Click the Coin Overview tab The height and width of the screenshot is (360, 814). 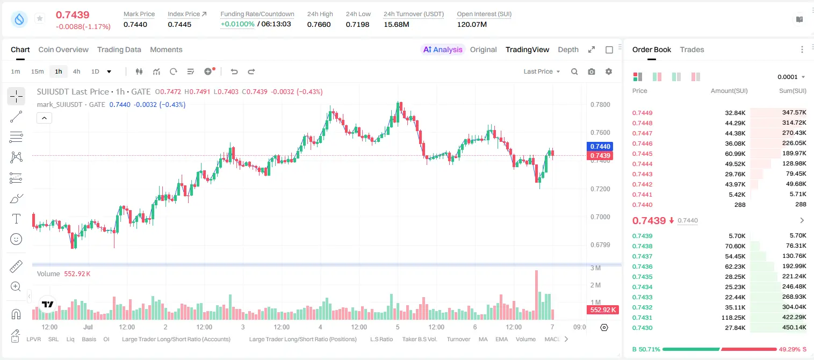[x=63, y=49]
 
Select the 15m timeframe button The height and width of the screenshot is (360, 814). [x=38, y=71]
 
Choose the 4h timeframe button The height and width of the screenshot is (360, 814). [x=76, y=71]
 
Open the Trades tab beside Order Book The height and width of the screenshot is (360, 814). [x=692, y=49]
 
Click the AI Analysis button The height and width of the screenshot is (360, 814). [x=443, y=49]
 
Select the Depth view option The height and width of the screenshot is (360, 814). [x=568, y=49]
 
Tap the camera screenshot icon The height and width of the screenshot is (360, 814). [x=592, y=71]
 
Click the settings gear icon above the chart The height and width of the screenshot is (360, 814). [x=609, y=71]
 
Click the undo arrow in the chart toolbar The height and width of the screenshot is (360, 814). [x=234, y=71]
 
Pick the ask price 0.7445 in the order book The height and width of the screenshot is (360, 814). [x=642, y=154]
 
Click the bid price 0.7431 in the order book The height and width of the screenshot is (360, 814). [x=642, y=318]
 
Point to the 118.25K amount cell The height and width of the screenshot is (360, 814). [x=733, y=318]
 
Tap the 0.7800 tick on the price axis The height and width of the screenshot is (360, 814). [x=600, y=105]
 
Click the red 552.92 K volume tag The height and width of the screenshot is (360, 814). [x=603, y=310]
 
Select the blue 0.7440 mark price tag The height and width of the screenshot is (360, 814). [x=600, y=146]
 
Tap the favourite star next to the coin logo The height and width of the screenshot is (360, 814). [x=40, y=18]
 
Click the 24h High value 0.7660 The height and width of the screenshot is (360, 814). [x=319, y=24]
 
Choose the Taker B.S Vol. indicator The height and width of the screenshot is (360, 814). [x=419, y=339]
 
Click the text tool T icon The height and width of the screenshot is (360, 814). [x=16, y=219]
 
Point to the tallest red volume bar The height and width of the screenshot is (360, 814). [x=536, y=295]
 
